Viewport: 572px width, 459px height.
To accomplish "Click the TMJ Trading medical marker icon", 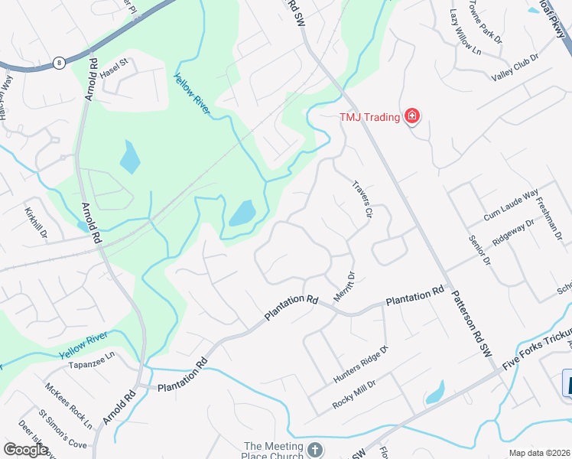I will click(x=412, y=116).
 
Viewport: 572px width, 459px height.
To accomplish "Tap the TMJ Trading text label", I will click(x=370, y=117).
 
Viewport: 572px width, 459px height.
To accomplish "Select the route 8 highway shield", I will click(x=58, y=63).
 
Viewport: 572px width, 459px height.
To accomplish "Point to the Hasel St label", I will click(x=116, y=72).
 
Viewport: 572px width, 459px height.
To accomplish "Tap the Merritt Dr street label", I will click(x=344, y=286).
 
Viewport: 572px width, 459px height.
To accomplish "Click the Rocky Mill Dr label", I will click(x=353, y=393).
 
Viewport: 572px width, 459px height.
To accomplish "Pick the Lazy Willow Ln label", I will click(x=465, y=33).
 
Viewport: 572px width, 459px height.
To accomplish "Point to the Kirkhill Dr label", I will click(x=36, y=222).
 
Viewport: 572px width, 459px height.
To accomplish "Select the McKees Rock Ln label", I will click(x=68, y=405).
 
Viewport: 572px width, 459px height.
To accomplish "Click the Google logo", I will click(x=26, y=450).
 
